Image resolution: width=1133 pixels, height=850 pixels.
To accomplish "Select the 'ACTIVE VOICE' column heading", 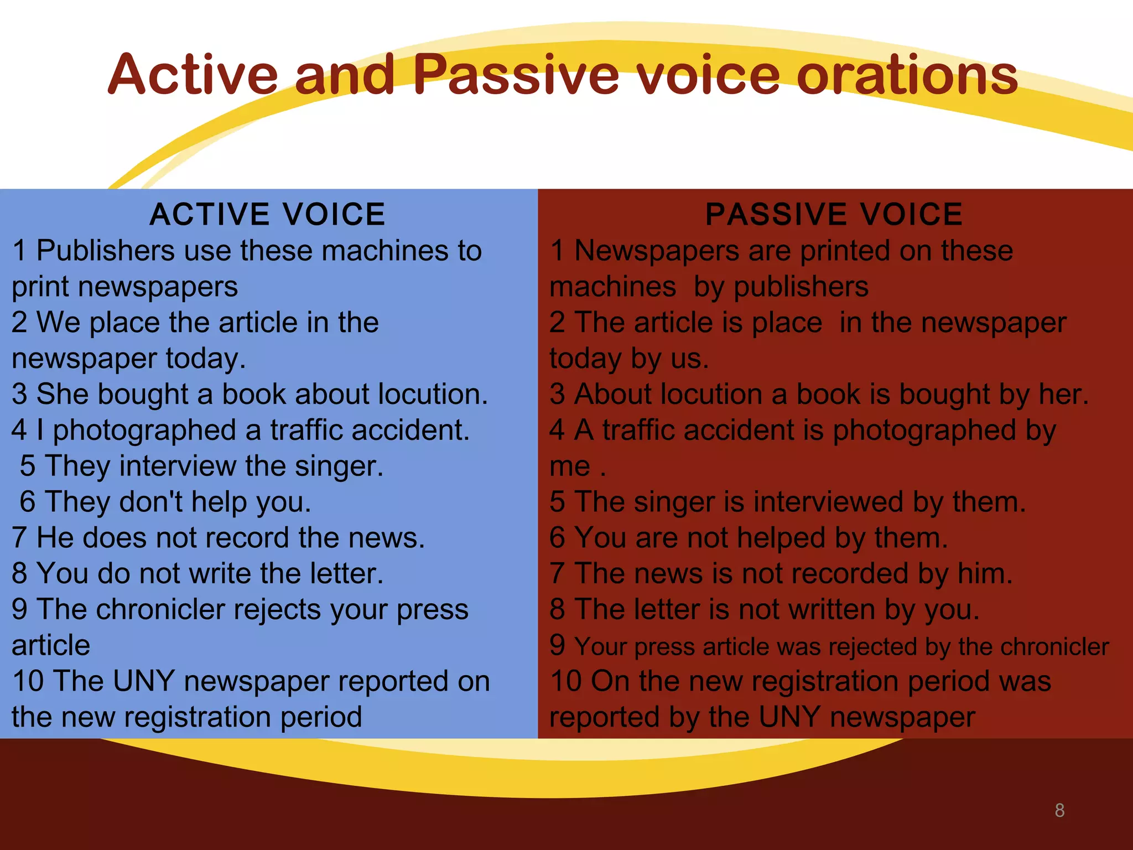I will pos(267,215).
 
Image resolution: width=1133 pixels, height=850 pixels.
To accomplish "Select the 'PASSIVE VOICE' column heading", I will pos(834,215).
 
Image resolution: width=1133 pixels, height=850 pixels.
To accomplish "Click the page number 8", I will pos(1059,810).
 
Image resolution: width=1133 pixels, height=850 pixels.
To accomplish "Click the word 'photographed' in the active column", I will pos(145,431).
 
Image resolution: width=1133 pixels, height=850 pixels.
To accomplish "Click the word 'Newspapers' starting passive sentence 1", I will pos(657,251).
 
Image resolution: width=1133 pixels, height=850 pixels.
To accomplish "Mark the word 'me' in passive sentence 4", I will pos(570,467).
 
